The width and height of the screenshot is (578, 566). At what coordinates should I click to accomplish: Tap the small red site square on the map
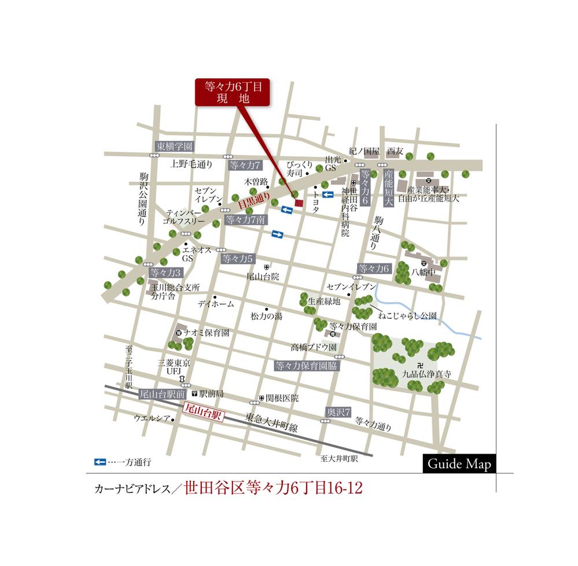[x=299, y=203]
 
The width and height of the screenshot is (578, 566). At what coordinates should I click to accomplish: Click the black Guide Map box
[x=459, y=464]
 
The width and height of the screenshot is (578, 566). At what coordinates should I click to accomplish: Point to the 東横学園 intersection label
[x=174, y=146]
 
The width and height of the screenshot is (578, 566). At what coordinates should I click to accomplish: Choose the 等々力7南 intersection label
[x=245, y=220]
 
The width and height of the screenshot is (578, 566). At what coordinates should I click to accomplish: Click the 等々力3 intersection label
[x=166, y=272]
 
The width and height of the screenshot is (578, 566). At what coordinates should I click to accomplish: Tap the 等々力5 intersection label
[x=238, y=258]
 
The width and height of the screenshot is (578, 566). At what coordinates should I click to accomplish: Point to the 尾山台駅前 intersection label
[x=163, y=394]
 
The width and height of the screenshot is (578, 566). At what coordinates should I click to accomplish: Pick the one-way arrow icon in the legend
[x=100, y=462]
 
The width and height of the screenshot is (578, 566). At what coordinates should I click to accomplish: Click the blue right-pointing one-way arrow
[x=278, y=234]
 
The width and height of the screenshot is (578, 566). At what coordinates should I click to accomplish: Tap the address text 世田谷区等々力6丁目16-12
[x=273, y=488]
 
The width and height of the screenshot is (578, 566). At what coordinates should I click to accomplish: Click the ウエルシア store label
[x=152, y=418]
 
